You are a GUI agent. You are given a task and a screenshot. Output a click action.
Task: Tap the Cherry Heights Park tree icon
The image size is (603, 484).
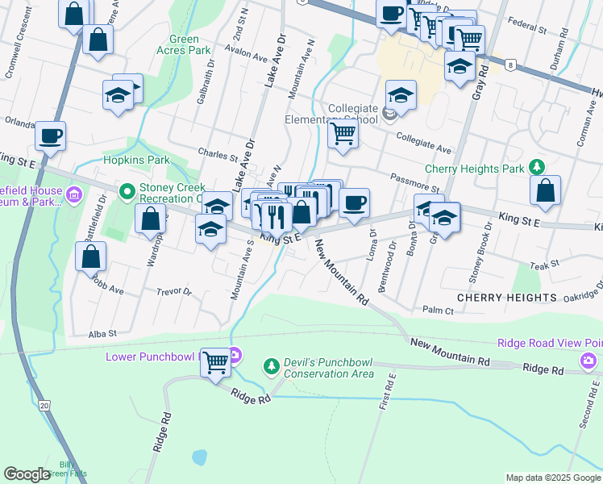tap(535, 168)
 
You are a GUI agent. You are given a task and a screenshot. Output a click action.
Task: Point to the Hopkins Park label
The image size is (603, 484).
tap(133, 160)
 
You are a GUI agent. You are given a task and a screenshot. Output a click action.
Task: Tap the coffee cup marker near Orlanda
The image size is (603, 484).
tap(50, 136)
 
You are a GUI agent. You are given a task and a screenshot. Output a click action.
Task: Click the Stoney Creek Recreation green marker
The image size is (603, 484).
tap(127, 192)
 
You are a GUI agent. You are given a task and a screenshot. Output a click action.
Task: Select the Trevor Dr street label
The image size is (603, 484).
tap(174, 292)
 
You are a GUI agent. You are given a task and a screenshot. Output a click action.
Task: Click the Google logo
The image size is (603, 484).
tap(27, 474)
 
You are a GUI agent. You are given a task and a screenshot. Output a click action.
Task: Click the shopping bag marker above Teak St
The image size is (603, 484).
tap(546, 190)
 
